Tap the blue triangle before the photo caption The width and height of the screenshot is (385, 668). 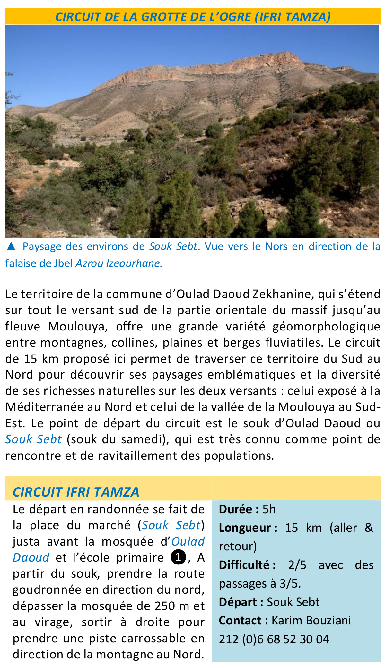pos(11,246)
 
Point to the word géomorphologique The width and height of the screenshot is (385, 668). pos(326,326)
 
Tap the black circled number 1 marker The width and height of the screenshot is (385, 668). pos(179,557)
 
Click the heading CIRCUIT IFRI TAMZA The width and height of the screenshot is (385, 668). pos(76,492)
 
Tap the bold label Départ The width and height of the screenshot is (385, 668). pos(241,602)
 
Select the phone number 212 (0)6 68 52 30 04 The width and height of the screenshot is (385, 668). pos(274,639)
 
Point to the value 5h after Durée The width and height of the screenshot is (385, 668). pos(269,509)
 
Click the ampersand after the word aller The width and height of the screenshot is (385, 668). pos(369,528)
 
